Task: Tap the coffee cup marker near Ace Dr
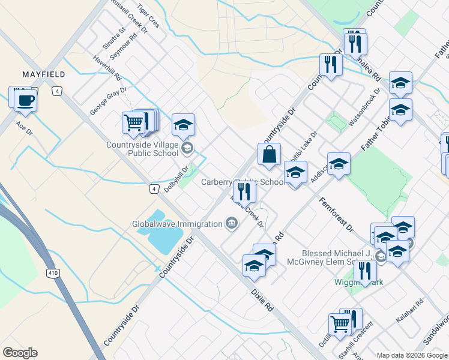point(25,100)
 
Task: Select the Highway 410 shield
point(52,273)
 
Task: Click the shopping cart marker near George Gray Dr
point(133,122)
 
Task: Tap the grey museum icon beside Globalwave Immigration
point(231,224)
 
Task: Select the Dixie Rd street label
point(262,299)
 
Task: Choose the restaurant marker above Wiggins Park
point(365,271)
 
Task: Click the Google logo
point(20,353)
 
